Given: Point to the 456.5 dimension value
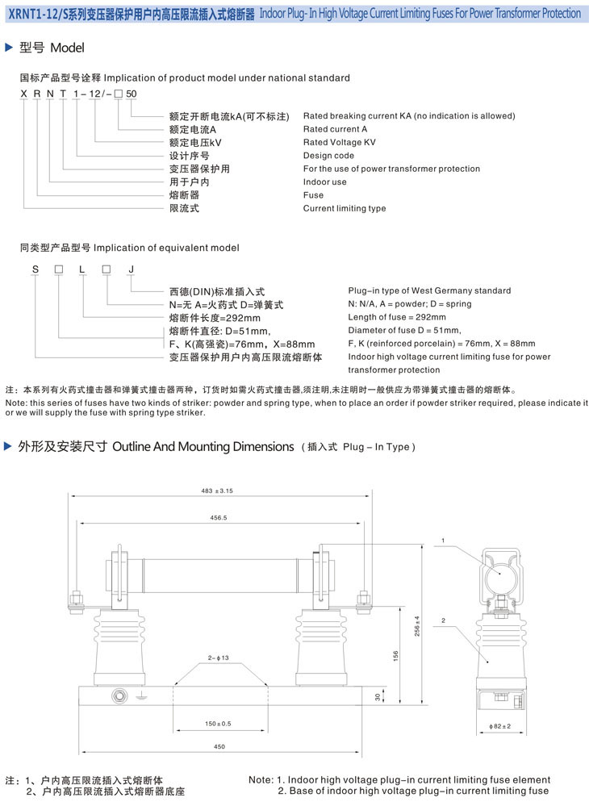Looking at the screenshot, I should (x=219, y=517).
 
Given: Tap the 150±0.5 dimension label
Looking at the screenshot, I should (x=218, y=723).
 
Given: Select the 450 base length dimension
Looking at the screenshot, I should (x=219, y=747).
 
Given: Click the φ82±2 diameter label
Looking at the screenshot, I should (x=500, y=727).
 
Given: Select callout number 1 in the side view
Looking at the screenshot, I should (x=443, y=540).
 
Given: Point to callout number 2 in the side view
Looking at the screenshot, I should (x=443, y=620).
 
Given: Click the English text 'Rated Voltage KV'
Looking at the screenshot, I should (x=339, y=142).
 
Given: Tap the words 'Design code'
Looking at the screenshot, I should (x=328, y=156).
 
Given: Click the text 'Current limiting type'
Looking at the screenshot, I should (x=345, y=208).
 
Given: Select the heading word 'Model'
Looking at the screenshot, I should (x=67, y=48).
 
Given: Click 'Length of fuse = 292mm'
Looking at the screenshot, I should (x=399, y=317).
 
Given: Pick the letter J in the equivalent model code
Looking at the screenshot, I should (x=131, y=268).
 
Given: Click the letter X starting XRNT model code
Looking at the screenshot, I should (x=23, y=94).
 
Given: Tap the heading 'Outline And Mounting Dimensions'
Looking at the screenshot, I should (x=203, y=447).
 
